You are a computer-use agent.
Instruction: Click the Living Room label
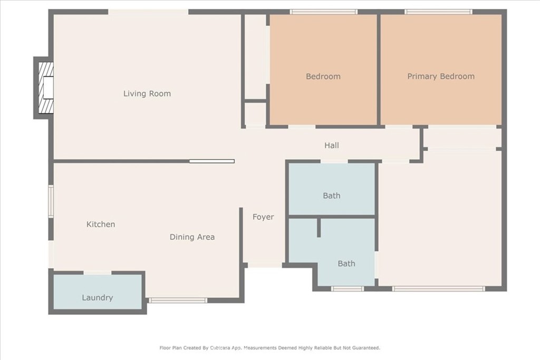(x=147, y=94)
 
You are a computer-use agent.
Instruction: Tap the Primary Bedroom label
(x=440, y=76)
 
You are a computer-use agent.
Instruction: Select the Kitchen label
(x=101, y=225)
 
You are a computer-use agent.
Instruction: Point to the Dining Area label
(x=192, y=237)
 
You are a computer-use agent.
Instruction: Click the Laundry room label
(x=98, y=298)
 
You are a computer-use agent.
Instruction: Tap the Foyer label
(x=263, y=217)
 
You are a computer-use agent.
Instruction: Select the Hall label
(x=331, y=145)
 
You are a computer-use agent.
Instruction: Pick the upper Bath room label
(x=331, y=196)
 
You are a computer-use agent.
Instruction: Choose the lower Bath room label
(x=346, y=264)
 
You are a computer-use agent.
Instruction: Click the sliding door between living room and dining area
(x=212, y=161)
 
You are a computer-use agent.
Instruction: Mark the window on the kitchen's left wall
(x=51, y=201)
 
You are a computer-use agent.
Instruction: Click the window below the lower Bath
(x=347, y=289)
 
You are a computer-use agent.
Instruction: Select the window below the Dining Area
(x=178, y=300)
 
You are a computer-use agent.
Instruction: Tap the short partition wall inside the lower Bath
(x=319, y=227)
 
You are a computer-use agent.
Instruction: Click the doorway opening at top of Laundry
(x=98, y=273)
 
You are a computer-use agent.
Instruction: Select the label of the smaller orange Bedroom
(x=323, y=76)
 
